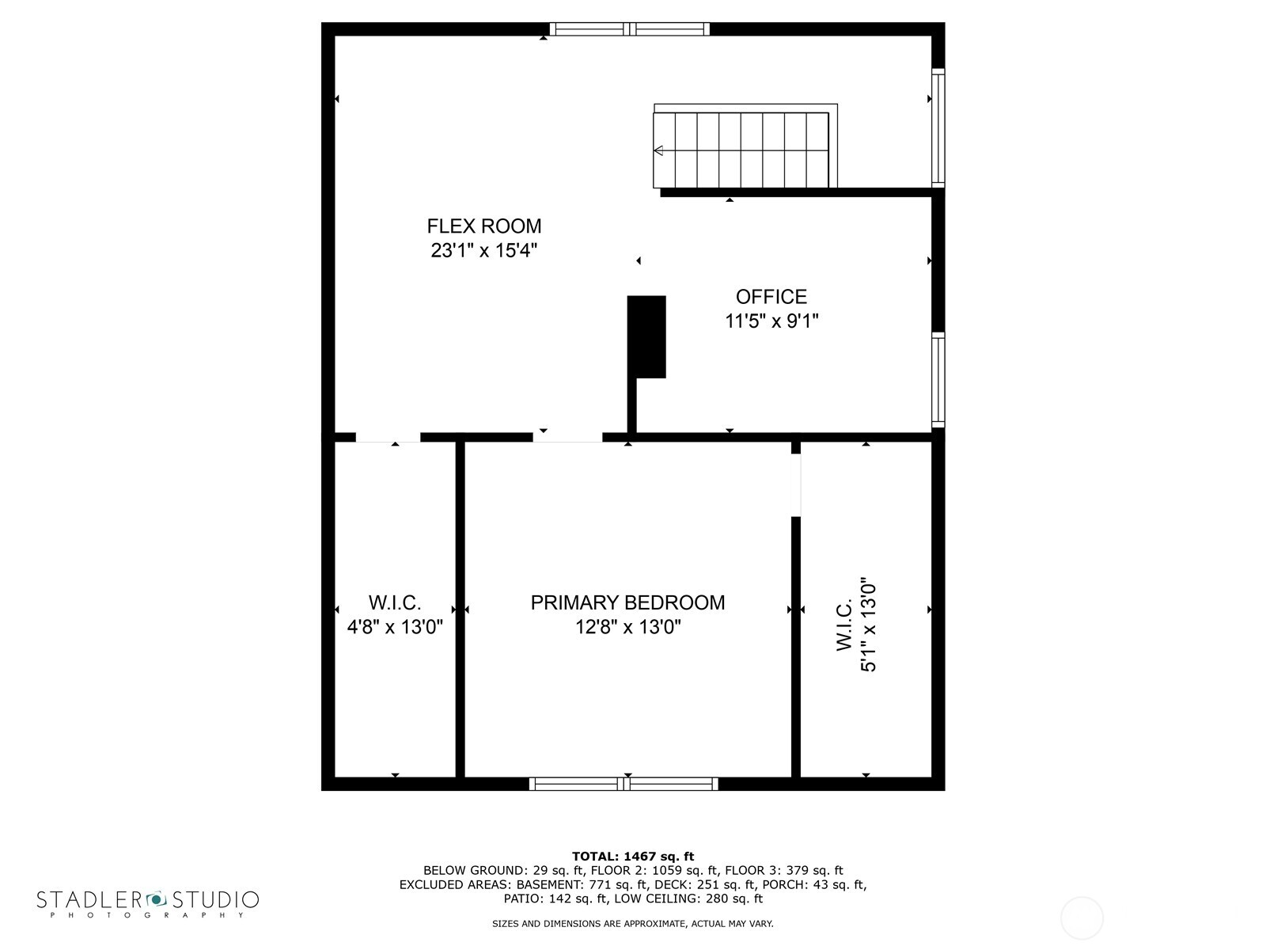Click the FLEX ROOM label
pos(484,226)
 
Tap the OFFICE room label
pos(771,297)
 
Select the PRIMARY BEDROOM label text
pos(627,602)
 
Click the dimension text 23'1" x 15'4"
pos(484,251)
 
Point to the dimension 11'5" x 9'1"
pos(771,321)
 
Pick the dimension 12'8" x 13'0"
pos(627,628)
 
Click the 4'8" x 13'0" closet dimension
pos(395,628)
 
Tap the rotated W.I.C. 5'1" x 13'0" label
pos(856,625)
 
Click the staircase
pos(741,150)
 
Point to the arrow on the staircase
pos(658,150)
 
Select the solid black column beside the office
pos(646,336)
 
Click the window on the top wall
pos(630,29)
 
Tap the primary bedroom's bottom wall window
pos(624,784)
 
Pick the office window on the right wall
pos(938,380)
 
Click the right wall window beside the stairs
pos(938,127)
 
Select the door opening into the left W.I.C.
pos(388,437)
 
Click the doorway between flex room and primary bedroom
pos(567,437)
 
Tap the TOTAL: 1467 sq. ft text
pos(632,856)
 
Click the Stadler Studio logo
pos(148,902)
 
